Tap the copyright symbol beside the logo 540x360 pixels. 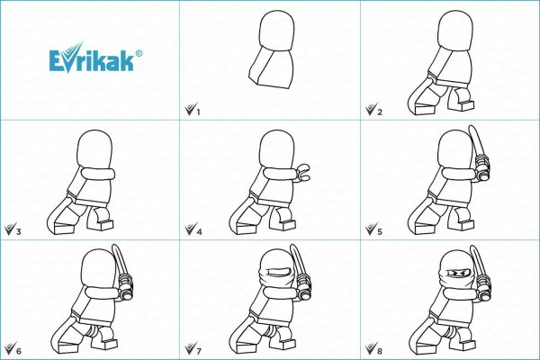point(139,53)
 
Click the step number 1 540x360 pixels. point(198,112)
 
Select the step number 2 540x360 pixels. point(380,112)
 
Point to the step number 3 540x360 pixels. point(19,231)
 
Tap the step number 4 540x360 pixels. point(199,231)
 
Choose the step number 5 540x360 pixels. point(380,231)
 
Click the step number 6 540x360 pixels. point(19,351)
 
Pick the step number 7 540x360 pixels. point(199,351)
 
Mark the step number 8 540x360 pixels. point(380,351)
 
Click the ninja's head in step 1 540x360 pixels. point(276,31)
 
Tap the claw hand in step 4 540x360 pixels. point(303,172)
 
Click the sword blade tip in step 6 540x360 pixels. point(114,246)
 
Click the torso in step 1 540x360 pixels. point(272,67)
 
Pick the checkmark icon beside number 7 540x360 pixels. point(191,348)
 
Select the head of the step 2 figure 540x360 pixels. point(455,31)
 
